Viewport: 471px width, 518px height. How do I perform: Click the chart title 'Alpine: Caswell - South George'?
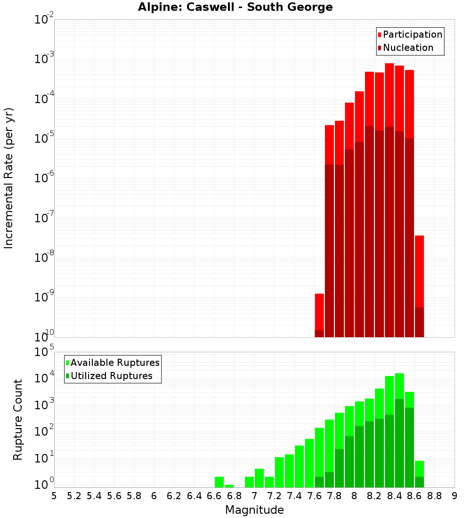[235, 8]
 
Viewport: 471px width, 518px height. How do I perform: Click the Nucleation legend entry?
[405, 48]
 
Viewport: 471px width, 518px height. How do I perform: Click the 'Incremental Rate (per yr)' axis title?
[9, 178]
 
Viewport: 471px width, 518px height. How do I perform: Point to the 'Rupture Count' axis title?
[18, 419]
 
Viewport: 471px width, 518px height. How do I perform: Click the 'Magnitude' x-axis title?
[254, 510]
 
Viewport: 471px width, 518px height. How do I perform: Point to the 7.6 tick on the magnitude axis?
[315, 496]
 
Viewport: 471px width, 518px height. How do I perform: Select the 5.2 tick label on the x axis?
[74, 496]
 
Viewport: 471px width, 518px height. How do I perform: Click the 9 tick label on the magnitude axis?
[455, 496]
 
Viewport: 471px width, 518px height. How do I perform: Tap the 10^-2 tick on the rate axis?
[44, 20]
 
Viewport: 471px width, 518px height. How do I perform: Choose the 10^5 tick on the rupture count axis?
[44, 352]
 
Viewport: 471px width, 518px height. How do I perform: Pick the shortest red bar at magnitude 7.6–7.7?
[319, 311]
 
